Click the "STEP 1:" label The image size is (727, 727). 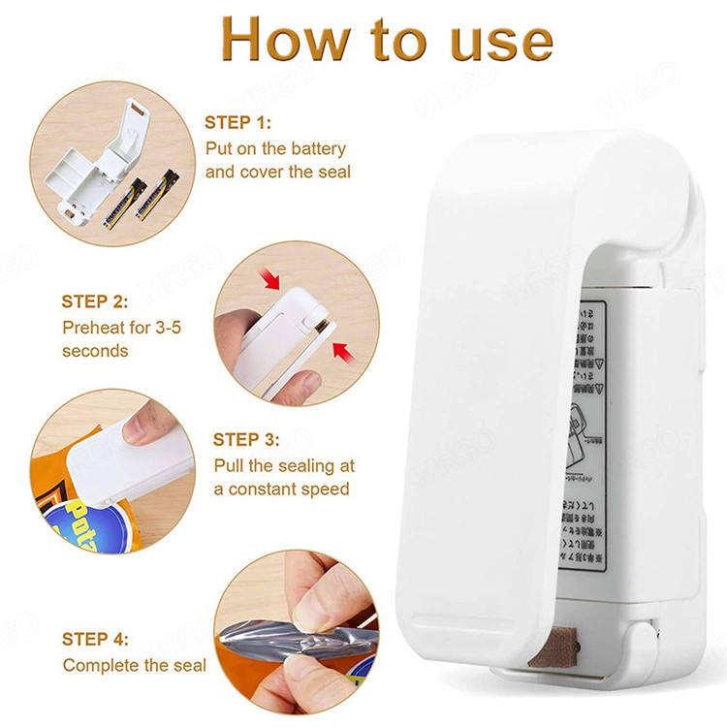pos(237,123)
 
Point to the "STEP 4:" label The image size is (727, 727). pos(95,639)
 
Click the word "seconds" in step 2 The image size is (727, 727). pos(95,350)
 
